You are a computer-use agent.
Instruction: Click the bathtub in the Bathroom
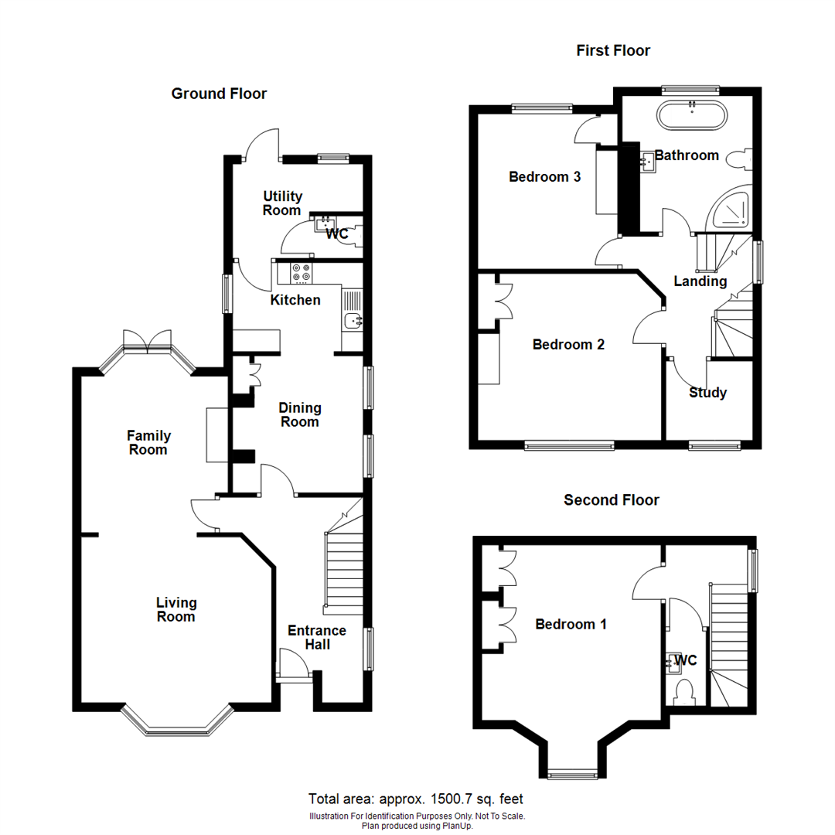coord(691,116)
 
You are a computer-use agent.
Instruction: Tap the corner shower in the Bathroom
coord(733,210)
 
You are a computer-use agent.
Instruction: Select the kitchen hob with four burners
coord(300,272)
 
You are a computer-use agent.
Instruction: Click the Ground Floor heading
coord(219,94)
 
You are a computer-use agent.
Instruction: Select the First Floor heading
coord(613,51)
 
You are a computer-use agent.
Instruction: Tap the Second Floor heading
coord(611,500)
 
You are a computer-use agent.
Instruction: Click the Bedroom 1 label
coord(571,624)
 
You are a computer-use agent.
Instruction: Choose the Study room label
coord(707,393)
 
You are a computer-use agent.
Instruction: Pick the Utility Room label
coord(282,203)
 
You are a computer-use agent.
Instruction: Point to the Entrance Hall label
coord(317,637)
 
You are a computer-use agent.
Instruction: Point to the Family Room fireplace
coord(214,435)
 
